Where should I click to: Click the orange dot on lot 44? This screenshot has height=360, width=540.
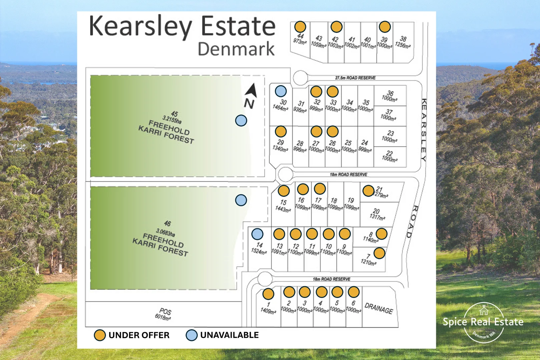click(300, 27)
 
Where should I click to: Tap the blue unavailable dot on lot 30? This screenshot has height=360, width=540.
click(281, 91)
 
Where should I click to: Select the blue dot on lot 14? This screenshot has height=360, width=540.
click(257, 234)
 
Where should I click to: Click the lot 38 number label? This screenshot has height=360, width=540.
click(403, 39)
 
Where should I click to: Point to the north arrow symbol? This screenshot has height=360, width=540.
click(250, 91)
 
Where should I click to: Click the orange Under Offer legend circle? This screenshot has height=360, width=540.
click(100, 335)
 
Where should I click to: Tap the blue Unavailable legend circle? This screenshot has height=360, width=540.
click(191, 335)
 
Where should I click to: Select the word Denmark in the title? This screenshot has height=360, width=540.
click(236, 49)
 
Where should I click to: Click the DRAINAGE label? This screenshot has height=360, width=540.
click(379, 308)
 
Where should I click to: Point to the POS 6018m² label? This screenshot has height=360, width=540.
click(163, 314)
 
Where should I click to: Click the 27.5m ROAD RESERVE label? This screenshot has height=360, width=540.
click(355, 78)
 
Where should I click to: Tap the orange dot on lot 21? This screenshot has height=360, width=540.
click(368, 191)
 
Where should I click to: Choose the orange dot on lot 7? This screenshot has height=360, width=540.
click(379, 253)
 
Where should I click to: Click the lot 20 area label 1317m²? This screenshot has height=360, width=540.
click(377, 217)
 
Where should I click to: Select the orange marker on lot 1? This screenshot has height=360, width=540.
click(268, 294)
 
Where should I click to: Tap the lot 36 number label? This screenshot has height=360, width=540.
click(390, 93)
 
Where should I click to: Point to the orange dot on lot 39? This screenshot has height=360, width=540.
click(385, 27)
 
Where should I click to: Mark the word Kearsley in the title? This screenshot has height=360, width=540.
click(140, 26)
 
